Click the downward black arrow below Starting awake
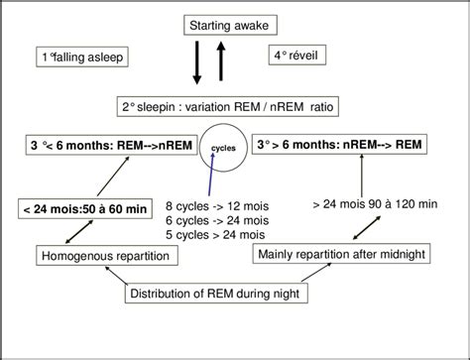tap(198, 64)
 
